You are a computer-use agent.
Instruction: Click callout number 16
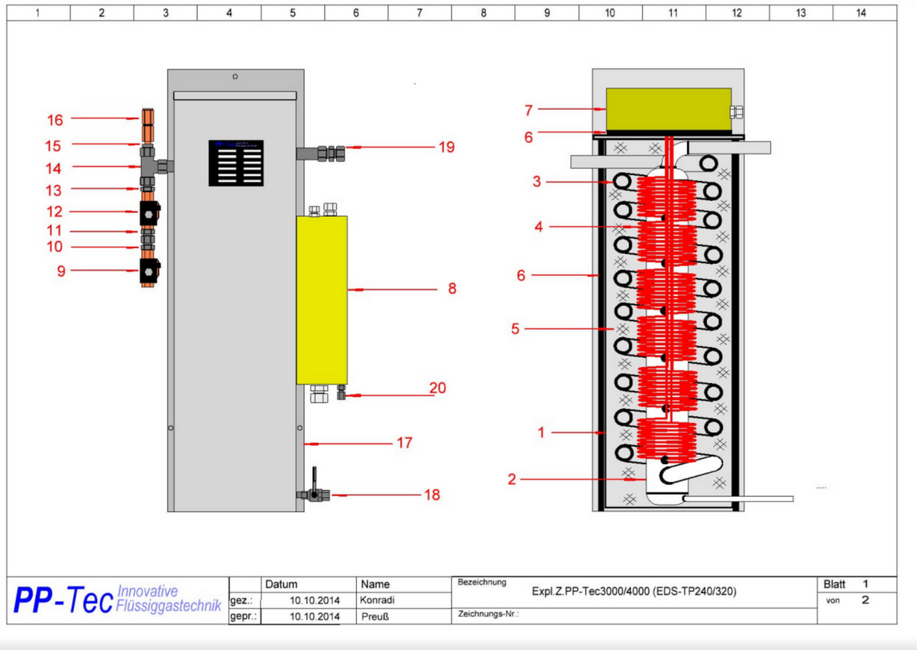[x=55, y=119]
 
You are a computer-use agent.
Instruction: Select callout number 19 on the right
[x=446, y=147]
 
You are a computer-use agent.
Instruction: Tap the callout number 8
[x=452, y=289]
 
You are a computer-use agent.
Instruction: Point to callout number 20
[x=437, y=388]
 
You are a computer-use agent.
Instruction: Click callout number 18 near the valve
[x=432, y=495]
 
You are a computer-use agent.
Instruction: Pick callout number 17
[x=404, y=443]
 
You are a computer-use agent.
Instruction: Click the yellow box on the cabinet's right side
[x=322, y=299]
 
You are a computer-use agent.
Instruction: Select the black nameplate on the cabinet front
[x=236, y=162]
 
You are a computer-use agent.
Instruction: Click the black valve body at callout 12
[x=150, y=213]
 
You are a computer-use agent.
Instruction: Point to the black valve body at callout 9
[x=150, y=271]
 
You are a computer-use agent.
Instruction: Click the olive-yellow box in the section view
[x=668, y=109]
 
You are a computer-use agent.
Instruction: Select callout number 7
[x=528, y=110]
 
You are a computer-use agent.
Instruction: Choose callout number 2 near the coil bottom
[x=512, y=479]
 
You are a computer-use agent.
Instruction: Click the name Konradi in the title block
[x=377, y=600]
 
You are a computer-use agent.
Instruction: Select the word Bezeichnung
[x=481, y=583]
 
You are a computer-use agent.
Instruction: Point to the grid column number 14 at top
[x=861, y=12]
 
